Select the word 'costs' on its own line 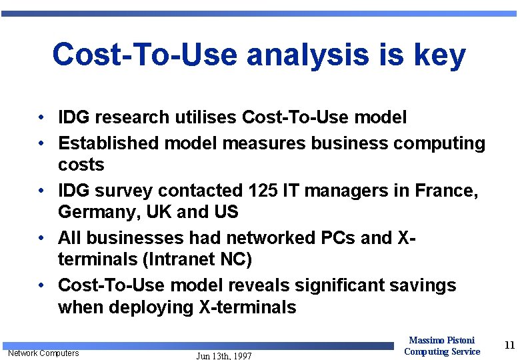point(81,165)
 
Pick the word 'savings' point(423,285)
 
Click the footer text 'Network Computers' point(43,353)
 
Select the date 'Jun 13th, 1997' point(224,356)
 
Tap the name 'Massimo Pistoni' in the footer point(441,341)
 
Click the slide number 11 point(509,345)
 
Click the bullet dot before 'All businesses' point(41,238)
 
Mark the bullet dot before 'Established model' point(41,143)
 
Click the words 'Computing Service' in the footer point(441,351)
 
